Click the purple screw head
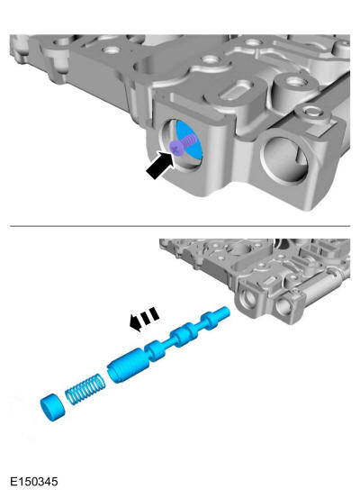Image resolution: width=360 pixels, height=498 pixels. click(175, 148)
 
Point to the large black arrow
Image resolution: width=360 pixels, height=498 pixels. click(160, 165)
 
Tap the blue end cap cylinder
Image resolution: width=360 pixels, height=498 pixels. click(53, 407)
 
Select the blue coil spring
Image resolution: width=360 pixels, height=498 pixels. click(85, 390)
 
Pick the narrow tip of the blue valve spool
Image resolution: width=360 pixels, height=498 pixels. click(224, 312)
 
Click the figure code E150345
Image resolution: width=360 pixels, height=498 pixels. click(34, 482)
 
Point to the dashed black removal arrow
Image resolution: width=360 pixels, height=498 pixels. click(144, 319)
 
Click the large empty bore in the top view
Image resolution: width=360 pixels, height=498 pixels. click(284, 158)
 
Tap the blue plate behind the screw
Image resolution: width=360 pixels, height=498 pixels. click(190, 140)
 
